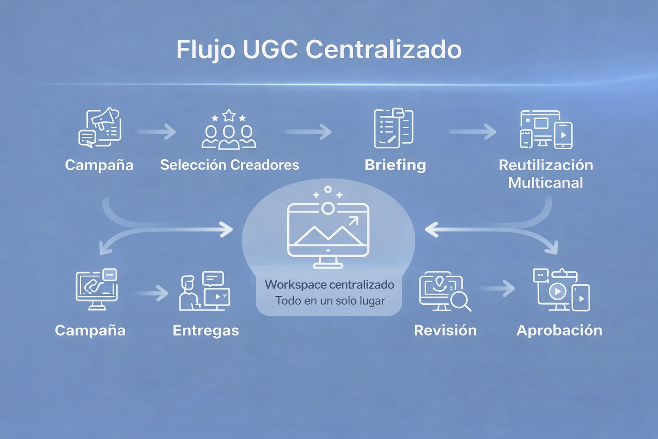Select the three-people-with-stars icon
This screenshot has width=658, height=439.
[229, 129]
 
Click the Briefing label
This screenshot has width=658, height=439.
[395, 165]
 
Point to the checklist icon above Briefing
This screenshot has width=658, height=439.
[394, 128]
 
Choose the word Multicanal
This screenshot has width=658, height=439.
[545, 183]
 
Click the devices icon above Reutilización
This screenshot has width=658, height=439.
[546, 129]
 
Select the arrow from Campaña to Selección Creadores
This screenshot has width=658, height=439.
[157, 132]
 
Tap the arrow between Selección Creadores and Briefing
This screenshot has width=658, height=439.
[309, 132]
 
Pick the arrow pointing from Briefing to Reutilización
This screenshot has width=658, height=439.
[473, 132]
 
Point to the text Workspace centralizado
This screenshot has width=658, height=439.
[329, 285]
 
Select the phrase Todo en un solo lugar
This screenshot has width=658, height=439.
[330, 301]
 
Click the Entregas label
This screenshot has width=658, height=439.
[206, 331]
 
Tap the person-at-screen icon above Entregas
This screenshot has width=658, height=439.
[204, 291]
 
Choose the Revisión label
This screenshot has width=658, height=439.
[445, 331]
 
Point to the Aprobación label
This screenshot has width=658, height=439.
[559, 331]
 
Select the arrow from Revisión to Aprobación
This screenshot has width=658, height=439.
[498, 289]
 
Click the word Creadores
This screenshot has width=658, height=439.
[264, 165]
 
